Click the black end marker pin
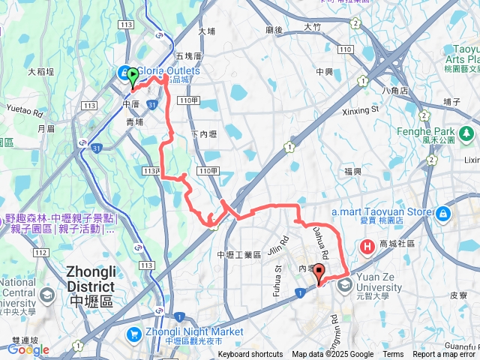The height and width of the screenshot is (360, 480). click(x=319, y=273)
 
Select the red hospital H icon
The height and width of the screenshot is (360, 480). click(x=368, y=245)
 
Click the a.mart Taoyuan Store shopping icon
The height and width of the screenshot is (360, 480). click(x=443, y=214)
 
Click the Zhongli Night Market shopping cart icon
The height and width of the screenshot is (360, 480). click(x=135, y=333)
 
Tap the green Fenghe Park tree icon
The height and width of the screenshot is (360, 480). click(x=467, y=133)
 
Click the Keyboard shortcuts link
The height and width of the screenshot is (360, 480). click(x=250, y=355)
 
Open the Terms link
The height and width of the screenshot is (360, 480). click(x=393, y=355)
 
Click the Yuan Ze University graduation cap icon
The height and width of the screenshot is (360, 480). click(x=345, y=283)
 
